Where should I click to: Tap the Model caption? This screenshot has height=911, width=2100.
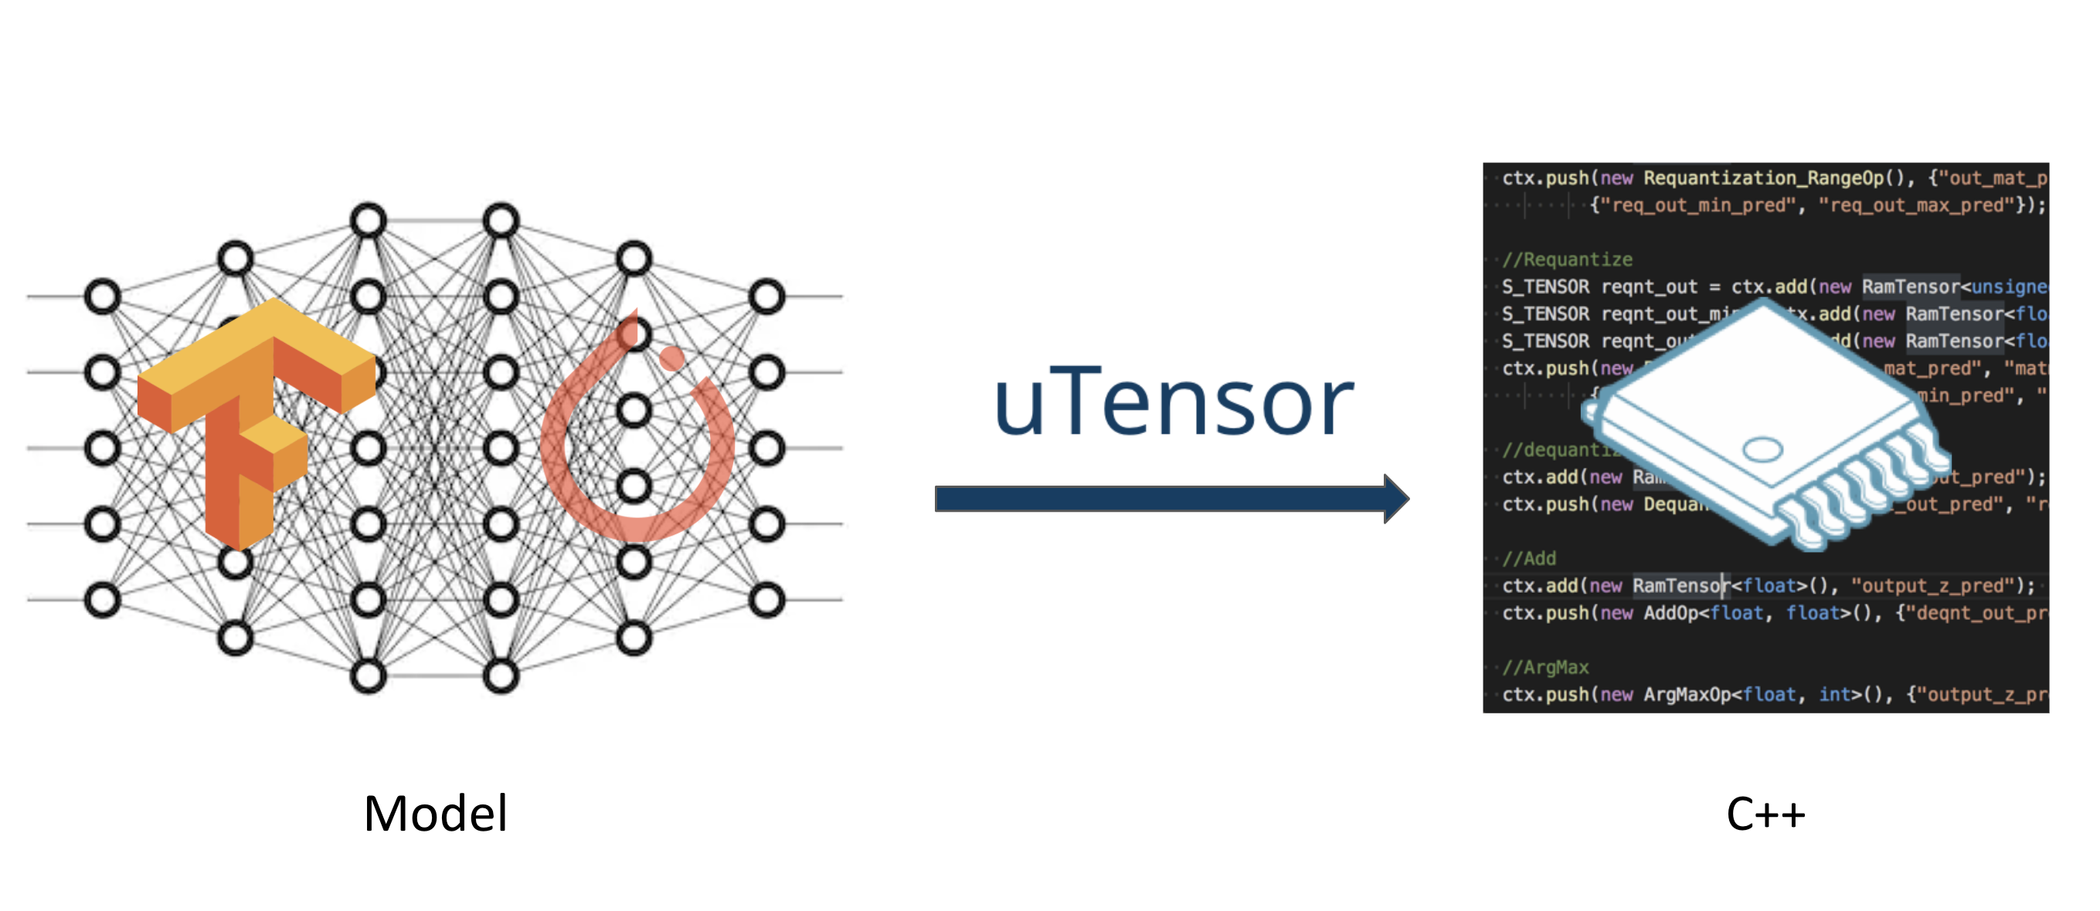435,813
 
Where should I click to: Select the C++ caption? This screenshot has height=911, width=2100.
1765,813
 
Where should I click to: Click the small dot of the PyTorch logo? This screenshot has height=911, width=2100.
671,358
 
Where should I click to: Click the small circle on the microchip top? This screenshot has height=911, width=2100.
1762,449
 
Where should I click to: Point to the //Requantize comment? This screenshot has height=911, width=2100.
1567,260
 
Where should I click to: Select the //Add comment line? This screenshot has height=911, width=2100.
1529,559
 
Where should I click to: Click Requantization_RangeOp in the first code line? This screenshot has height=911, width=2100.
1762,178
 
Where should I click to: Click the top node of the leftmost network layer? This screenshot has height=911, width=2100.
103,296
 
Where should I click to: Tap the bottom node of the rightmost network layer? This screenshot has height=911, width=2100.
766,601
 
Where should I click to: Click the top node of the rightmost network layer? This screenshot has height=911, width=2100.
766,296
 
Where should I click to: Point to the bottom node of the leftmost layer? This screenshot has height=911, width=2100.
103,601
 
